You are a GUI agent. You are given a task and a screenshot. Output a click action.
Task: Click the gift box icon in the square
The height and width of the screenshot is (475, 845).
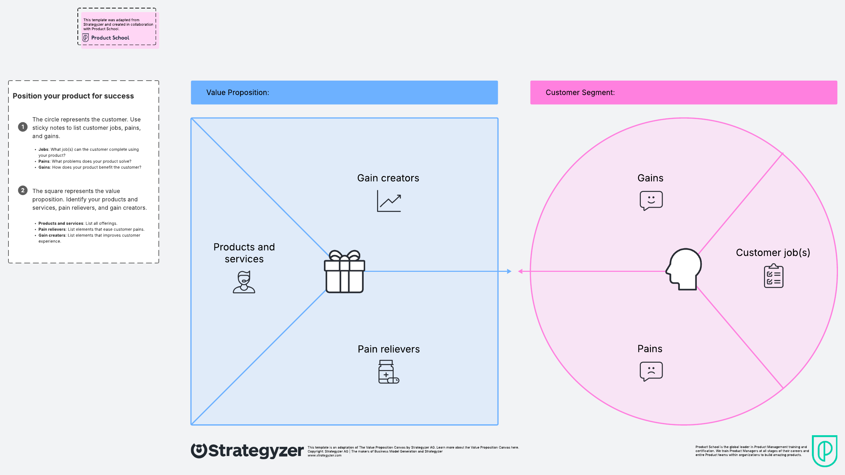pos(344,271)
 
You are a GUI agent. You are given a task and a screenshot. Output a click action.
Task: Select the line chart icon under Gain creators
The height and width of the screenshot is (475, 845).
pos(389,201)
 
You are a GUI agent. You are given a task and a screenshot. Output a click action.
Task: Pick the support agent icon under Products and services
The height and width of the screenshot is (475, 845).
pos(244,282)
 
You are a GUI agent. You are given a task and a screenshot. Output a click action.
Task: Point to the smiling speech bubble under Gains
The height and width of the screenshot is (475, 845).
pos(651,201)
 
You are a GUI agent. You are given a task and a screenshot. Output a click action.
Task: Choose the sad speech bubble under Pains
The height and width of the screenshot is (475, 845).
pos(651,371)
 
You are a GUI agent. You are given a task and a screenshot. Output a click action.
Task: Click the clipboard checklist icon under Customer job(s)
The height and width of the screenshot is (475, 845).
pos(774,276)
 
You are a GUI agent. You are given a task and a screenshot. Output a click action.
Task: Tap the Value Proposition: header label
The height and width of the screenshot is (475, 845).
pos(238,93)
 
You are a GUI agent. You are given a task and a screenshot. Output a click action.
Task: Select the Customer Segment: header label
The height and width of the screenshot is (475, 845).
pos(580,93)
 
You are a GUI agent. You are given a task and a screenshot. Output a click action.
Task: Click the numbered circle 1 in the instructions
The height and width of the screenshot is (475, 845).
pos(23,127)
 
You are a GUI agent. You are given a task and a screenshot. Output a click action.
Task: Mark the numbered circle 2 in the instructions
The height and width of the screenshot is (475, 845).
pos(23,190)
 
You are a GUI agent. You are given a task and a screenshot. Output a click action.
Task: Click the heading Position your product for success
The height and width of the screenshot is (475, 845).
pos(73,96)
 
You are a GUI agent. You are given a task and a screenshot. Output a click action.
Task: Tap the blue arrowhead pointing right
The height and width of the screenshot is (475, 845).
pos(509,271)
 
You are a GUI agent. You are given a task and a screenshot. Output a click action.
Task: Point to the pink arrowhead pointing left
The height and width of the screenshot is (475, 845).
pos(520,271)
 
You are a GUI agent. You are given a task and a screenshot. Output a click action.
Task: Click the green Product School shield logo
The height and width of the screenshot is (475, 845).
pos(825,451)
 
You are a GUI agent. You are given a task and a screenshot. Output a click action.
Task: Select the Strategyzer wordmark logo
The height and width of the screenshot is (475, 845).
pos(247,451)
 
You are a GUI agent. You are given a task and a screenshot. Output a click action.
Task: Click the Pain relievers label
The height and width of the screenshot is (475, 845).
pos(389,349)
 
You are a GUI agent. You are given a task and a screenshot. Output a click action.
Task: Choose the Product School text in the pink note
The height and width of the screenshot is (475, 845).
pos(110,38)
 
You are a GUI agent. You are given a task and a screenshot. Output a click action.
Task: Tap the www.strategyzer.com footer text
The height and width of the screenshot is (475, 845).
pos(325,455)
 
